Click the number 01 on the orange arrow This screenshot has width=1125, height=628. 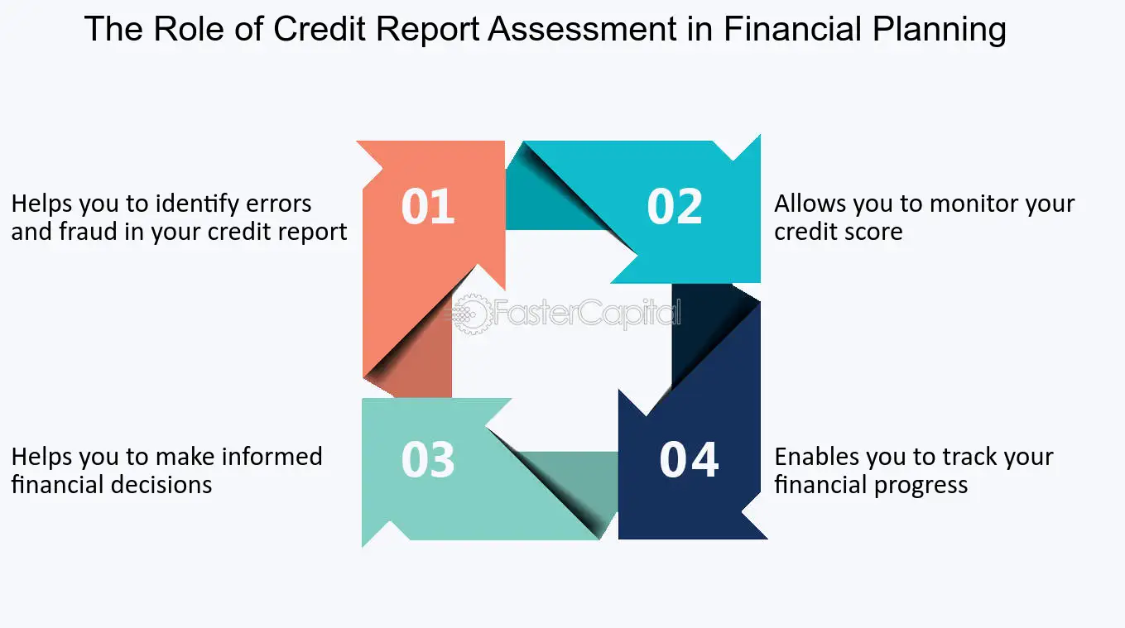(x=428, y=206)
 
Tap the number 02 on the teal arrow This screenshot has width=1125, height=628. (x=675, y=206)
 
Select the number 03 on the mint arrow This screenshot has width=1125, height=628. (x=428, y=459)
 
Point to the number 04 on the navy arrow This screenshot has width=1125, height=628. (x=689, y=459)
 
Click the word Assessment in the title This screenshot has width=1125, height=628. (x=583, y=29)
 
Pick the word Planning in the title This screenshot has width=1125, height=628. (x=940, y=30)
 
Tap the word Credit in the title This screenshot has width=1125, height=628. (x=320, y=29)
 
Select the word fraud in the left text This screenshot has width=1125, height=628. (x=81, y=232)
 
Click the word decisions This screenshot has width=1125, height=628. (x=161, y=485)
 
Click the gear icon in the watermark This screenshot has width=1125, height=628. (x=472, y=314)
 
